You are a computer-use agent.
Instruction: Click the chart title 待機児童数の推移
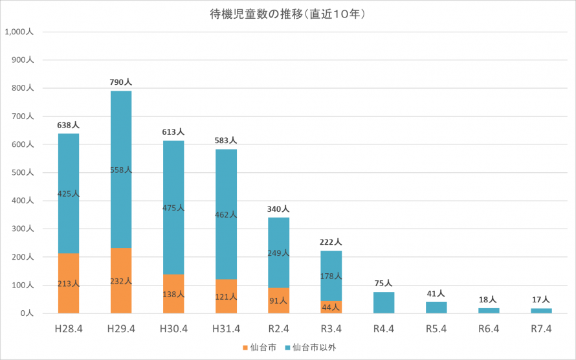pyautogui.click(x=289, y=14)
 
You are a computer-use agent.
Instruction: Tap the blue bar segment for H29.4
pyautogui.click(x=121, y=169)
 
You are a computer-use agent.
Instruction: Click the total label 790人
pyautogui.click(x=121, y=82)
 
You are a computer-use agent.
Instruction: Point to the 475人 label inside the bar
pyautogui.click(x=173, y=208)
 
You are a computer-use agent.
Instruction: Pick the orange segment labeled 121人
pyautogui.click(x=226, y=297)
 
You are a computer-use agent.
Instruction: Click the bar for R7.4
pyautogui.click(x=541, y=311)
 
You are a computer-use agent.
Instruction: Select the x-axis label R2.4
pyautogui.click(x=278, y=329)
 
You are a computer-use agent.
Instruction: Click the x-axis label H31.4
pyautogui.click(x=226, y=329)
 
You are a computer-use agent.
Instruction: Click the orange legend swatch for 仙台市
pyautogui.click(x=245, y=348)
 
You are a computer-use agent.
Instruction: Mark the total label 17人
pyautogui.click(x=541, y=300)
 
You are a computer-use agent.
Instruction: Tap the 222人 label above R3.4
pyautogui.click(x=331, y=242)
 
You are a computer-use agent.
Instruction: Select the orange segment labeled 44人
pyautogui.click(x=331, y=307)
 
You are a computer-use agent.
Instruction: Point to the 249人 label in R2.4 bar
pyautogui.click(x=278, y=253)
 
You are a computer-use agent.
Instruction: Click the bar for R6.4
pyautogui.click(x=489, y=311)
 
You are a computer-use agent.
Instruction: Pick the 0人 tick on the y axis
pyautogui.click(x=27, y=313)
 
